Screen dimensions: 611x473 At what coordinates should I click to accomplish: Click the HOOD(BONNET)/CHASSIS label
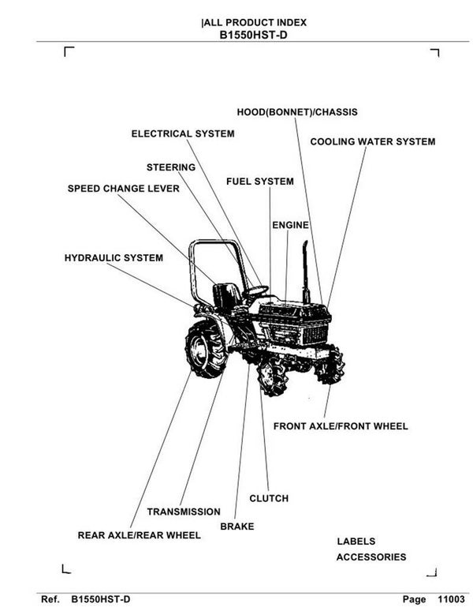296,112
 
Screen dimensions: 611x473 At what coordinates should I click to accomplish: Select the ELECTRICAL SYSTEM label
182,133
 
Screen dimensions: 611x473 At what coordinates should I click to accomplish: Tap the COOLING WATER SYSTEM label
372,142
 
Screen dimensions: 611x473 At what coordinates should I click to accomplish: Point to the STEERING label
170,167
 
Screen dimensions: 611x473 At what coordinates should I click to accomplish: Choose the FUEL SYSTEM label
259,182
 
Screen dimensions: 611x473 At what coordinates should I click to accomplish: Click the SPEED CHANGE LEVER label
123,189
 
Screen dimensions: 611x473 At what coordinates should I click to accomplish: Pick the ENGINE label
290,226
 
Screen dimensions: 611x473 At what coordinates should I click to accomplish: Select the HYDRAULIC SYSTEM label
114,258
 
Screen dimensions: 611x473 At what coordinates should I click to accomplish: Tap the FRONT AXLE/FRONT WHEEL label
341,426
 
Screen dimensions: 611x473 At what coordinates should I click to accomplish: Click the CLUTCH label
269,499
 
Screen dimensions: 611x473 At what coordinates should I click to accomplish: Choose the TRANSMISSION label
184,512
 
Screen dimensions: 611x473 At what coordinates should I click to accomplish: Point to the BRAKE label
237,527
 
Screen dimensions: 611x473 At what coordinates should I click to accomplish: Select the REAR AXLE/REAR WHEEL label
139,535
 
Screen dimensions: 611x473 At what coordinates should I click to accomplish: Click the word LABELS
356,542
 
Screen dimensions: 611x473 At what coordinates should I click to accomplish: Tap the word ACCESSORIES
371,557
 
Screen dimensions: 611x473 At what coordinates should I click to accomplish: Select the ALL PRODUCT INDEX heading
254,23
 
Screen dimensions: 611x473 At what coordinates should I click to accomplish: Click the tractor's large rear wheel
205,348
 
